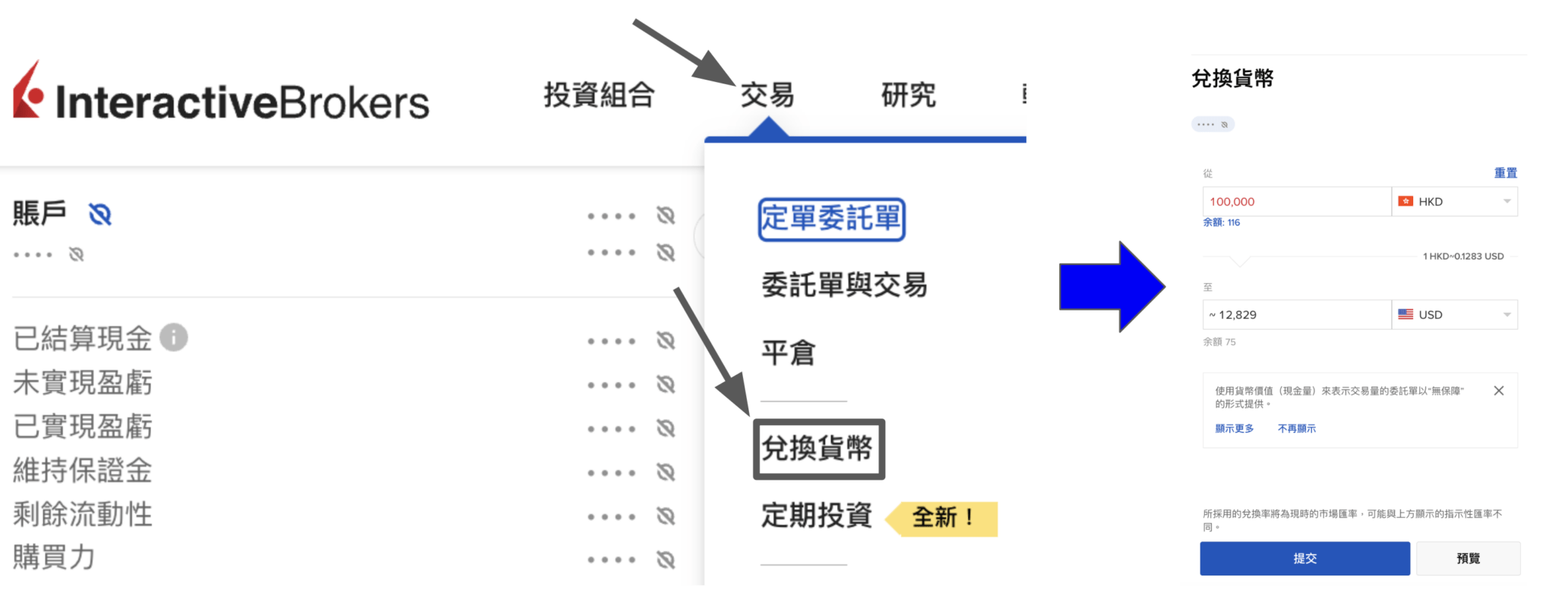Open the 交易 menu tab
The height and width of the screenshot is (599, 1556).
767,96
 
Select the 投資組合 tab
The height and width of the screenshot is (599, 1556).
599,96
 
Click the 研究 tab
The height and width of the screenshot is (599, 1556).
909,96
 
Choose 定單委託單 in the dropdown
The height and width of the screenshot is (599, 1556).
831,219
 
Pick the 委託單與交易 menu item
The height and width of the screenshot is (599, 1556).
844,285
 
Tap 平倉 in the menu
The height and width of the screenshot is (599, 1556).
789,353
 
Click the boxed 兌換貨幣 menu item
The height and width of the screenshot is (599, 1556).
818,449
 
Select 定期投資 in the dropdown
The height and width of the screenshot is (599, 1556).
817,515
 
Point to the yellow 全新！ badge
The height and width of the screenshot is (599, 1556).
942,519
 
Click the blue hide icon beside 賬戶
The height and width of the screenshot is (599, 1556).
100,215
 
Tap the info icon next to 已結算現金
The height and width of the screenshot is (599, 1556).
174,337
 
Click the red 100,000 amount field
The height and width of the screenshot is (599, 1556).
1296,202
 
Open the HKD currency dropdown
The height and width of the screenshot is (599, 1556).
1454,202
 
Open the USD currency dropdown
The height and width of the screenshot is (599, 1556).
1454,315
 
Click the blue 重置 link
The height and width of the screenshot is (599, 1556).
1505,173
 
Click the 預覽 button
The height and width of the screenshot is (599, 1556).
1468,559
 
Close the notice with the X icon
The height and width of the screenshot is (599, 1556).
1498,391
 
